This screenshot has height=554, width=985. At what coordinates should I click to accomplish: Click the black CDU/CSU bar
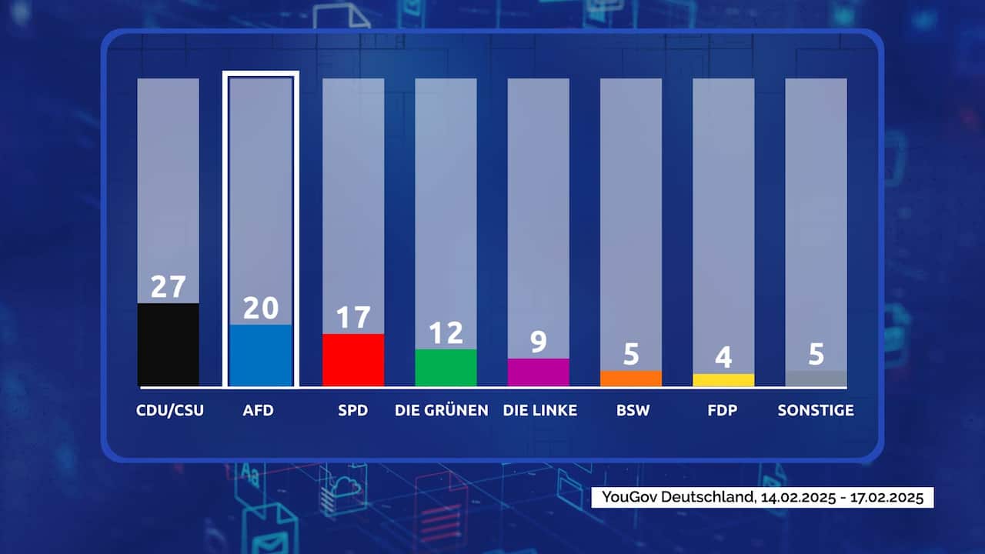coord(168,344)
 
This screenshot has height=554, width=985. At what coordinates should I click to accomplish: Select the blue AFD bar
coord(261,355)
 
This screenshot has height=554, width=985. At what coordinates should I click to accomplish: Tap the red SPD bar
coord(353,359)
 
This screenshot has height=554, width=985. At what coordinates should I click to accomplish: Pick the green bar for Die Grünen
coord(446,367)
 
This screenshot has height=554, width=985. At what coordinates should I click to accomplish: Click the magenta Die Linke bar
coord(538,372)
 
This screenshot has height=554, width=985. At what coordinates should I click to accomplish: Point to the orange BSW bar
coord(630,378)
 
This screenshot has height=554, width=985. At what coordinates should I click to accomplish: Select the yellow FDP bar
coord(723,379)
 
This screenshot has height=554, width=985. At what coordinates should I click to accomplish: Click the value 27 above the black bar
coord(168,286)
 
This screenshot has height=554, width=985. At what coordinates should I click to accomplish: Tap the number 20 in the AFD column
coord(261,308)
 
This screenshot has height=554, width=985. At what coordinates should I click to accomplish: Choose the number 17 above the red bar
coord(353,317)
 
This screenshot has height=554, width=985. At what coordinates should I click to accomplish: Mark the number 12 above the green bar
coord(446,332)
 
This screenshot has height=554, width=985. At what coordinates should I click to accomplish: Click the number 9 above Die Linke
coord(538,342)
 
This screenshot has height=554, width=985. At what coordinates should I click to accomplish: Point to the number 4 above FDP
coord(723,357)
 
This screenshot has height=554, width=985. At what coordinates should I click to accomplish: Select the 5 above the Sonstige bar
coord(816,354)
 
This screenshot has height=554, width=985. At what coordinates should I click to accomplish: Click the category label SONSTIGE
coord(816,410)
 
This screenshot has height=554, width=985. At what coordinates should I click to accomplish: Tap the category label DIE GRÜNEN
coord(441,410)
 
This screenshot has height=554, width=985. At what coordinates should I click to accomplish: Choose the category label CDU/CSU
coord(170,410)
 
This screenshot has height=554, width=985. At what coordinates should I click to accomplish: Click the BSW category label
coord(633,410)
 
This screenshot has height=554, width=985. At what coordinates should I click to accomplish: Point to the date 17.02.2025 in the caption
coord(887,497)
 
